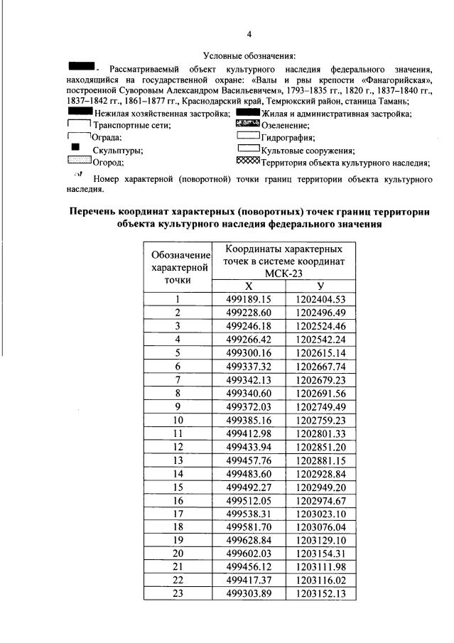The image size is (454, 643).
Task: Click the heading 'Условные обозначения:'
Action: (249, 55)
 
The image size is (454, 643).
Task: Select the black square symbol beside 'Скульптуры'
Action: (75, 148)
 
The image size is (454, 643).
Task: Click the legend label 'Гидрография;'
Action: (288, 137)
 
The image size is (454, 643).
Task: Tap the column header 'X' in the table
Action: (249, 286)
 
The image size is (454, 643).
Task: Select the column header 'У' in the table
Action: (320, 286)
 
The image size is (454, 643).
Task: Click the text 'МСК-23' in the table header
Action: (284, 274)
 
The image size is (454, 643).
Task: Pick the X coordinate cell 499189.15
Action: (249, 299)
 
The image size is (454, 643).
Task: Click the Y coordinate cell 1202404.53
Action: (320, 299)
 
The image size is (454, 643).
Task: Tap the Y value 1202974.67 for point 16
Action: (320, 500)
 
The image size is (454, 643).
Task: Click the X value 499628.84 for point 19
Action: (249, 541)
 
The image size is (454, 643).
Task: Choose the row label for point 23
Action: (178, 594)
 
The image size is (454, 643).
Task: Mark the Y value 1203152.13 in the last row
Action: (320, 594)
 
